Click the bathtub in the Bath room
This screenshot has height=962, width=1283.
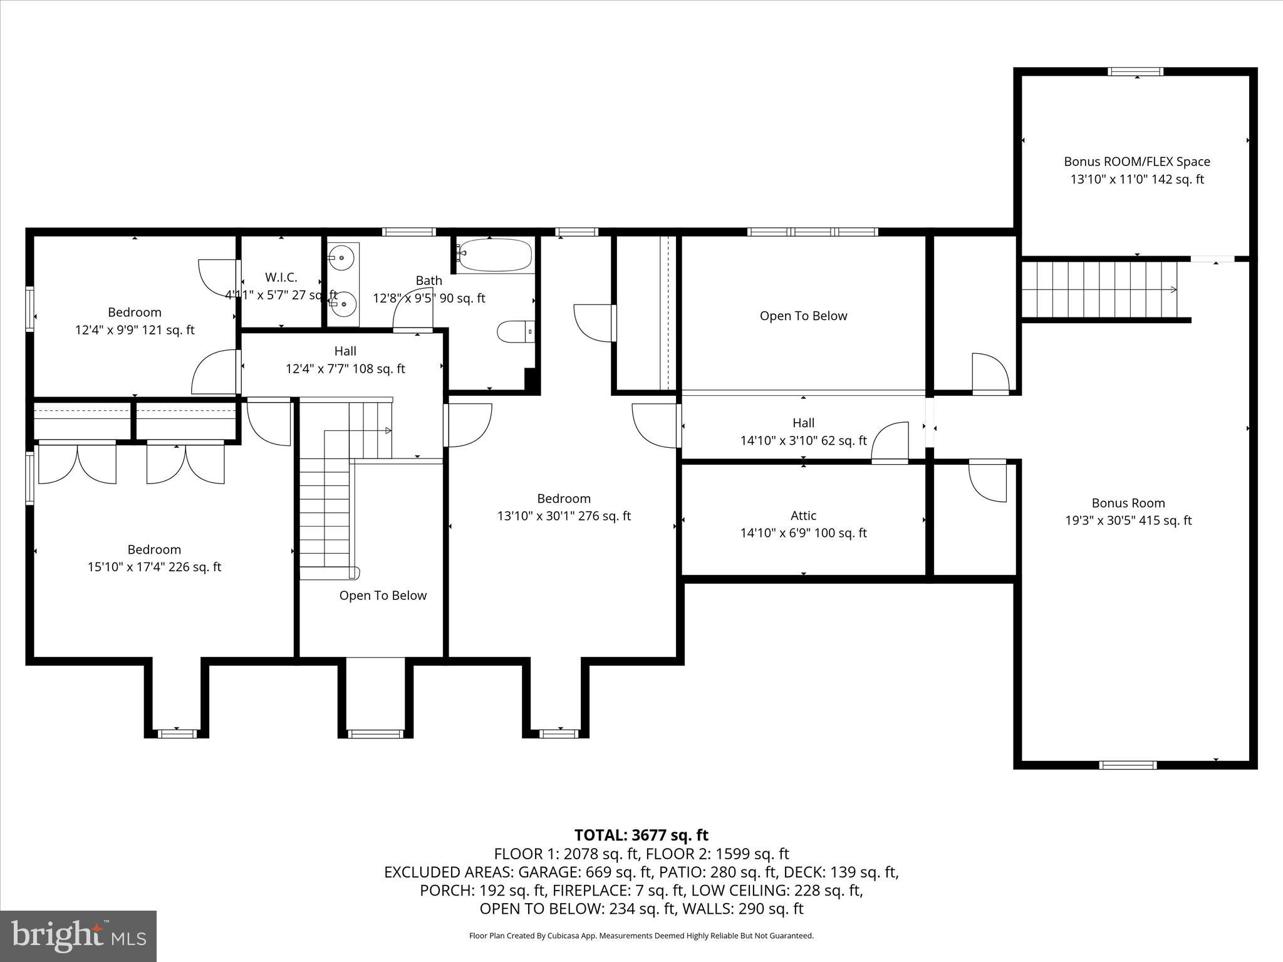[494, 255]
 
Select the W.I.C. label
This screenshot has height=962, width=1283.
[281, 277]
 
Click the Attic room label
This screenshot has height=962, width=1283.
[803, 515]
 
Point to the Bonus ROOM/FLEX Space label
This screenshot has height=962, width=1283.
[1136, 162]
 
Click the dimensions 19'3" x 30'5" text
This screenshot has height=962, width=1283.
[1128, 520]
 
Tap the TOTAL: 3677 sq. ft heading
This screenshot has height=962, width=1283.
[641, 835]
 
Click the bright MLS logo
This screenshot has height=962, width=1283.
[78, 936]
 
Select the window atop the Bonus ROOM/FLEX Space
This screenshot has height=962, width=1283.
[1136, 71]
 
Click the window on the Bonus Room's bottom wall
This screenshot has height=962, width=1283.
[1128, 765]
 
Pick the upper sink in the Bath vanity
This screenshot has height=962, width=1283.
[343, 257]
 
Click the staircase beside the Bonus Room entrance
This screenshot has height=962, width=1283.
[1100, 289]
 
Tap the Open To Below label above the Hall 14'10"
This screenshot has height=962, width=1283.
[803, 316]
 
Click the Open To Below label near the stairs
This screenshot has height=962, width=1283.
[383, 596]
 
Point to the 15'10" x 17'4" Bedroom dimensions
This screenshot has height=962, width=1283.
[154, 567]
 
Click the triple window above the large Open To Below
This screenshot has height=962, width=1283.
[813, 232]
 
